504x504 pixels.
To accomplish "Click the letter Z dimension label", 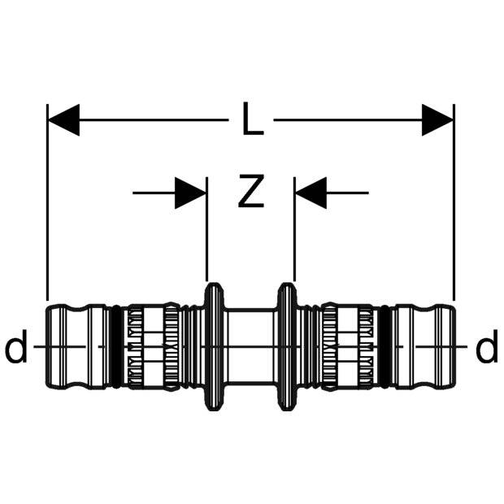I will [251, 193].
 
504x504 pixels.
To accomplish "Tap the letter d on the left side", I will [15, 350].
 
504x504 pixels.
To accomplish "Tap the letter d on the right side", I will [486, 350].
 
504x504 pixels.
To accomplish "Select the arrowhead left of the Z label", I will [190, 193].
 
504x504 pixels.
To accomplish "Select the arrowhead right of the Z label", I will [311, 193].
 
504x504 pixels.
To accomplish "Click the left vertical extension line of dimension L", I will [48, 203].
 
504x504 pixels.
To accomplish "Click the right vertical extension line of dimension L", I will [454, 203].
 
